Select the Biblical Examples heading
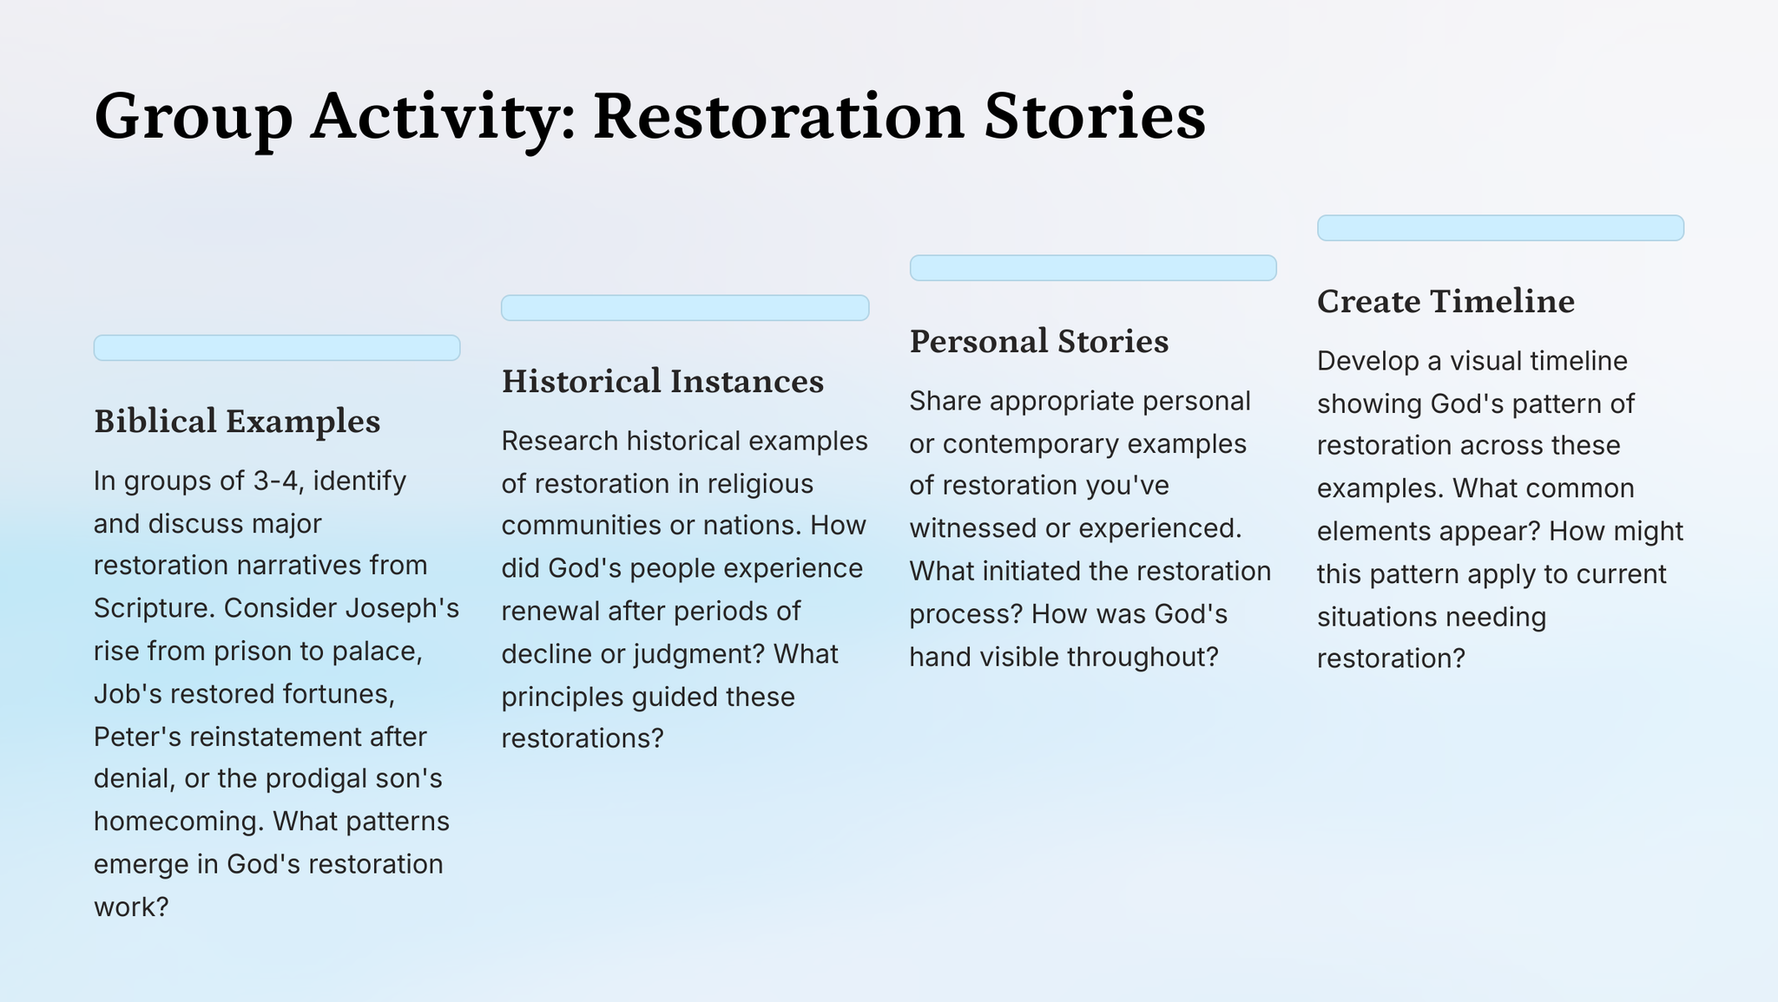tap(237, 422)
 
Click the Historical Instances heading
tap(662, 381)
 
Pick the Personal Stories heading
tap(1039, 341)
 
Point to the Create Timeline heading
tap(1445, 301)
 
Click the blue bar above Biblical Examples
tap(277, 348)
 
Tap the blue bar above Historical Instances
tap(685, 308)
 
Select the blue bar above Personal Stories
tap(1093, 268)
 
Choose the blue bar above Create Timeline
tap(1500, 228)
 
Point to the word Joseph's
tap(402, 608)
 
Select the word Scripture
tap(155, 609)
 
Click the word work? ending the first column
tap(130, 907)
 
